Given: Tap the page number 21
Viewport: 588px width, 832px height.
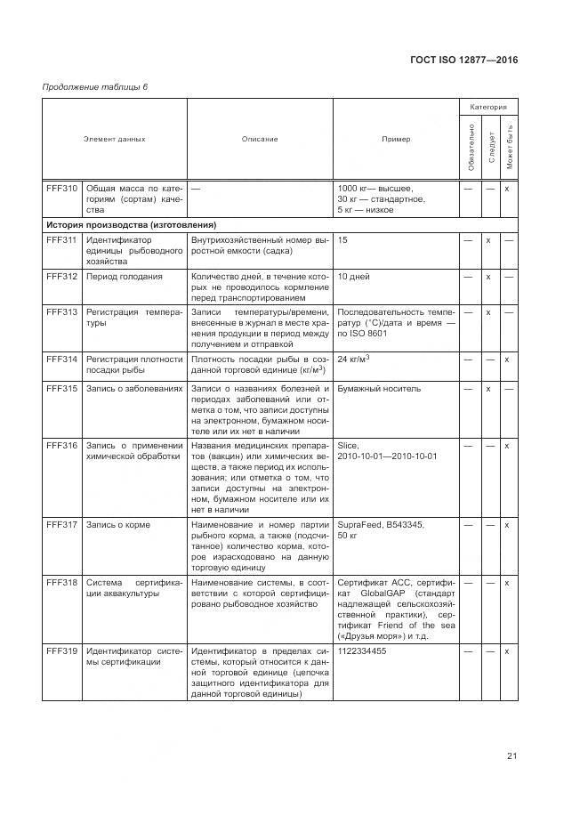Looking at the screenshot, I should tap(511, 756).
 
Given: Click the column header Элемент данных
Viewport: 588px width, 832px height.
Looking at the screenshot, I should tap(114, 139).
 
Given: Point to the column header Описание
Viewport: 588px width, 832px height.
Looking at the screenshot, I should tap(259, 139).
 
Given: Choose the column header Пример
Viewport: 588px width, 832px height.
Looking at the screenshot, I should tap(396, 139).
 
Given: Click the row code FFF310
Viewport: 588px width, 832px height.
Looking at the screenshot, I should tap(61, 188).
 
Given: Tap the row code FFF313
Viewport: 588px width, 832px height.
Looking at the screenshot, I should tap(61, 312).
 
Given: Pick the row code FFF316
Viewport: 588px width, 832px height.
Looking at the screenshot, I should tap(61, 445).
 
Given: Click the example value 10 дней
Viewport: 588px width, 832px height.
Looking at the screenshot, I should tap(354, 277).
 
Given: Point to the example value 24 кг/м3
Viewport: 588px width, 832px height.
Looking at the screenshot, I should tap(354, 359).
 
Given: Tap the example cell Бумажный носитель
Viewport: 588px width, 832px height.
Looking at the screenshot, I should tap(379, 389).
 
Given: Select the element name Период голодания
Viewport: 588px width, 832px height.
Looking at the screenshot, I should tap(124, 277).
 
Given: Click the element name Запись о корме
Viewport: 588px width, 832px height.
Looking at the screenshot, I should tap(117, 525).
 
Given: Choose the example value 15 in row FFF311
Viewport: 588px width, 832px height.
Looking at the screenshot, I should tap(343, 240).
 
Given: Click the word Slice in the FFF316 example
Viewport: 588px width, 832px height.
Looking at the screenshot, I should tap(348, 445).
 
